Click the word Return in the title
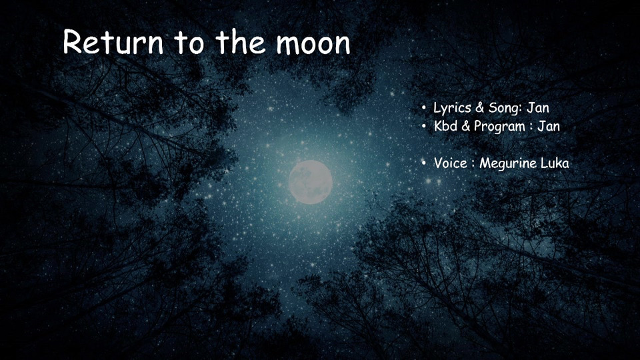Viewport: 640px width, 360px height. tap(113, 42)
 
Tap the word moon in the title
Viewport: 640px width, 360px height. tap(313, 43)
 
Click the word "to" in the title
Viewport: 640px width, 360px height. tap(189, 43)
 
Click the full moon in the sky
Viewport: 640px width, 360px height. tap(310, 182)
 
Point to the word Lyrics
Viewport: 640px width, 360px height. tap(452, 108)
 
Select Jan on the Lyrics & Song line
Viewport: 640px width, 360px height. tap(538, 107)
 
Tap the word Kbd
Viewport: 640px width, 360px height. tap(445, 126)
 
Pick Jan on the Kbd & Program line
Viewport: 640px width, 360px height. tap(549, 126)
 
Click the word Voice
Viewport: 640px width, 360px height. tap(451, 163)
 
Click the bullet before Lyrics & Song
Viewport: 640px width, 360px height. tap(424, 108)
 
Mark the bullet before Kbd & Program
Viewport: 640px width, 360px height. tap(424, 126)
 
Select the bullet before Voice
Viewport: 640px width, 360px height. tap(424, 163)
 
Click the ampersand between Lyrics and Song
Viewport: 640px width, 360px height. tap(480, 108)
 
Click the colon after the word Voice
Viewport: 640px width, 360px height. tap(473, 164)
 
